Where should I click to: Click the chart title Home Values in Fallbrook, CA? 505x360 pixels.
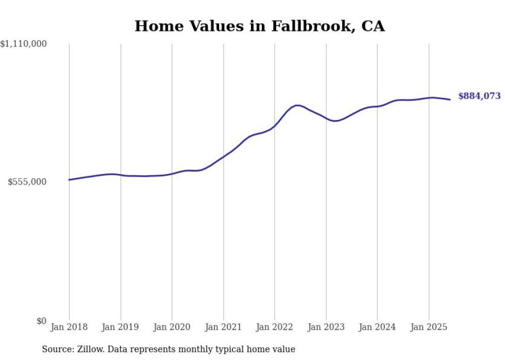259,26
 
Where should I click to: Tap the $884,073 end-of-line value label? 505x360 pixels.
479,96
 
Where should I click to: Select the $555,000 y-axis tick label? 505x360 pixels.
27,182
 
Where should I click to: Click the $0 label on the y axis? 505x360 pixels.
41,321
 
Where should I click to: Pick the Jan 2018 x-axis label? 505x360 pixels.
69,327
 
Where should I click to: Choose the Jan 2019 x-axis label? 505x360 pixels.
121,327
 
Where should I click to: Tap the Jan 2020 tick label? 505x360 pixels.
172,327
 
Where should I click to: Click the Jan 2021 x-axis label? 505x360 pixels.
223,327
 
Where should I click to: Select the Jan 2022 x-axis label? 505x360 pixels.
275,327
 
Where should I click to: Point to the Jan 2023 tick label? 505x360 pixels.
326,327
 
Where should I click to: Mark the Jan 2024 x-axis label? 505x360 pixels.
377,327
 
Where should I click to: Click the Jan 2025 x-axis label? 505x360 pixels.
428,327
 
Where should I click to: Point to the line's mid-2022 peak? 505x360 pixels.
298,105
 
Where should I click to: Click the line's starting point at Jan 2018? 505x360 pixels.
69,180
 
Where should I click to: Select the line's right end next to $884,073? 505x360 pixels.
450,99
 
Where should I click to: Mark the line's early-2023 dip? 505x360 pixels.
335,121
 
